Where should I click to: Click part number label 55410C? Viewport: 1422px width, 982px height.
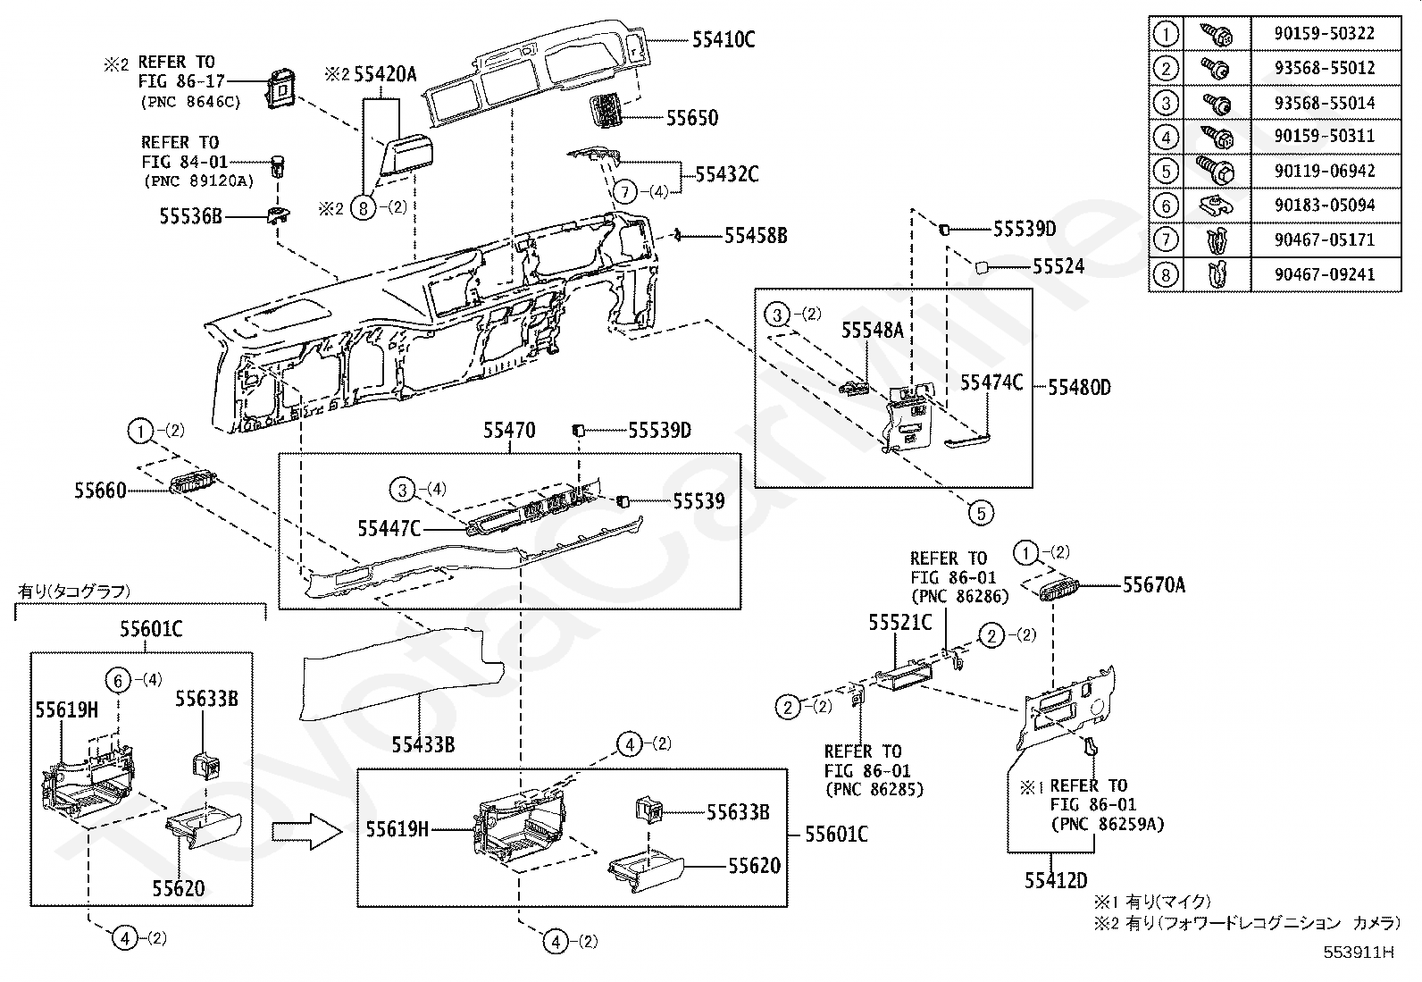coord(724,39)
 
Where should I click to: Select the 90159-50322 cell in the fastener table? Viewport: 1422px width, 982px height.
coord(1325,33)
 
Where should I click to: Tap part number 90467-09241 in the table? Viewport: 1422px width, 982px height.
coord(1325,274)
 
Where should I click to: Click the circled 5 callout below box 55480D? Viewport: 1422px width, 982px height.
coord(981,513)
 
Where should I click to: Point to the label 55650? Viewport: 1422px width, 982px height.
coord(692,118)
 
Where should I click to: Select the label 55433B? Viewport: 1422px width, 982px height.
coord(422,744)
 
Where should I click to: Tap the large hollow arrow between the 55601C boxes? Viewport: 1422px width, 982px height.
coord(307,832)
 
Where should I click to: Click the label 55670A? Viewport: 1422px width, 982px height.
coord(1153,584)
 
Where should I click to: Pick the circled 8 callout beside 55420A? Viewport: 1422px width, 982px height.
coord(364,207)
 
